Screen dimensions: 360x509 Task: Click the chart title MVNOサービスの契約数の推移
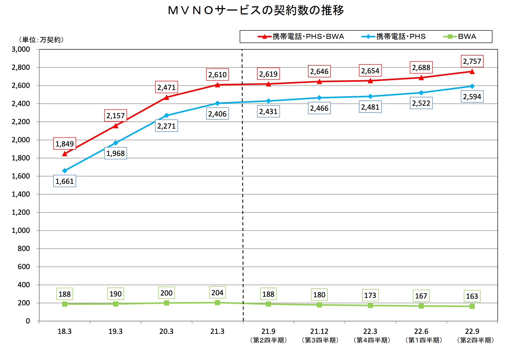pos(256,11)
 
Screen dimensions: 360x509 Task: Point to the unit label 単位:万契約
pos(41,40)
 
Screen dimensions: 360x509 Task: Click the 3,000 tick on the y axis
pos(21,49)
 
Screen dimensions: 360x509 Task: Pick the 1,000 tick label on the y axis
pos(21,230)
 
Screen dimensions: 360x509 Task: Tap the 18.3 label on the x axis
pos(64,331)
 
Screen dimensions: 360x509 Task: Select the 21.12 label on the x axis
pos(319,331)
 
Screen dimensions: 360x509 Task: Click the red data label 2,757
pos(472,61)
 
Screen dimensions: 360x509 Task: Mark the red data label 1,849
pos(64,144)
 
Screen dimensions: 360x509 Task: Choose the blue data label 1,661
pos(64,181)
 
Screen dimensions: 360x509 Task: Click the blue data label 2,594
pos(472,97)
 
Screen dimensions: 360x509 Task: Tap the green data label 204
pos(217,293)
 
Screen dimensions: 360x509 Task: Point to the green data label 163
pos(472,296)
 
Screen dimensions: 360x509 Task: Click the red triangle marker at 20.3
pos(167,97)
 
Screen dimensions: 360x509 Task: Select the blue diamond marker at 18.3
pos(65,171)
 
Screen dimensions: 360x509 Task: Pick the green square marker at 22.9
pos(472,306)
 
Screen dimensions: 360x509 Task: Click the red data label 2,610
pos(217,75)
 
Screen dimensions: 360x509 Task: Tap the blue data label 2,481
pos(370,107)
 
